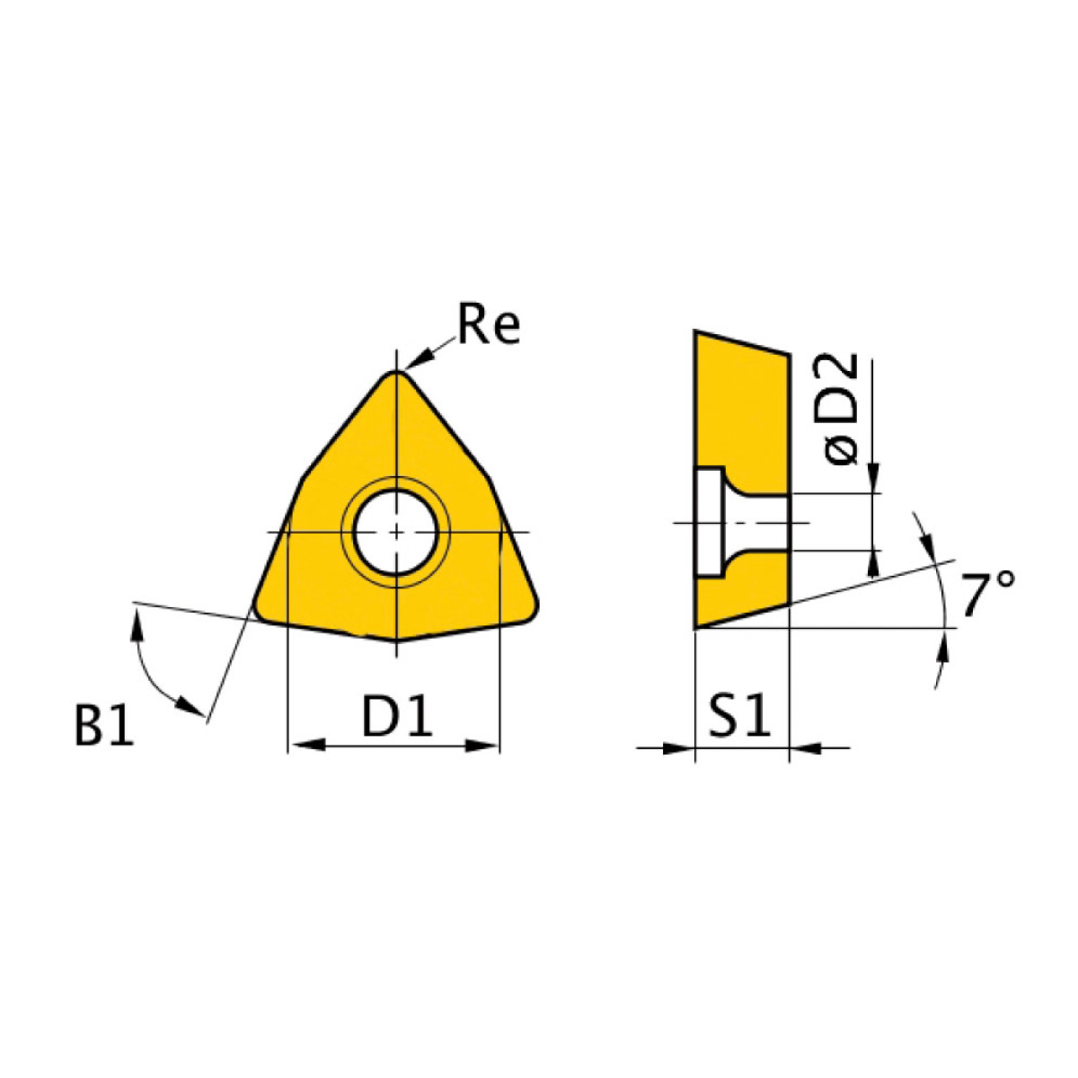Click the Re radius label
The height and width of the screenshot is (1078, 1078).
coord(488,325)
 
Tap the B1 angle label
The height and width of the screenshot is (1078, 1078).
coord(104,726)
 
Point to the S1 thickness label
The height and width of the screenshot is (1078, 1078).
coord(739,718)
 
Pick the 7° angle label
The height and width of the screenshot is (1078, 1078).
coord(986,596)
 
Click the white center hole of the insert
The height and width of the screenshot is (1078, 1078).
coord(395,532)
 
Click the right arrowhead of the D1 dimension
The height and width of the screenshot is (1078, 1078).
coord(485,746)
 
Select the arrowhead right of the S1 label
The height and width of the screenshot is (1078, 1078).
coord(805,747)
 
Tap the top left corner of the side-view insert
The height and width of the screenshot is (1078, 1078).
coord(696,333)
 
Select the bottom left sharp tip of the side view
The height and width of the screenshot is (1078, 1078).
coord(696,627)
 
